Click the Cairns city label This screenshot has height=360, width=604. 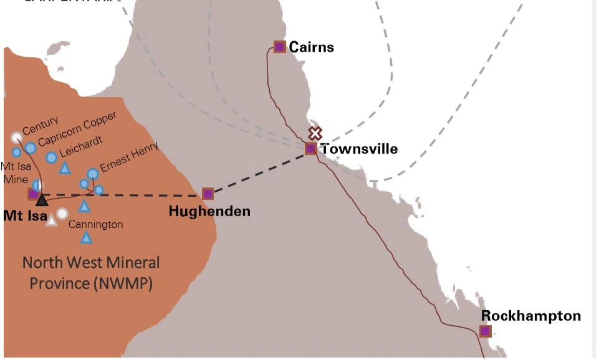(x=311, y=47)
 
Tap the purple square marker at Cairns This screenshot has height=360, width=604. (x=279, y=47)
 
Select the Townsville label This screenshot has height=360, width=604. (x=359, y=149)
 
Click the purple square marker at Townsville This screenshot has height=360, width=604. (x=311, y=149)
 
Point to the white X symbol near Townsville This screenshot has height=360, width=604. (x=315, y=133)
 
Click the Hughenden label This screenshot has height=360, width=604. (x=209, y=212)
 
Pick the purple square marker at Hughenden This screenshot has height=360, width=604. (x=208, y=194)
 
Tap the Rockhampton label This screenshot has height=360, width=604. (x=531, y=316)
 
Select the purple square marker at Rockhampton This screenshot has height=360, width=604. (x=486, y=331)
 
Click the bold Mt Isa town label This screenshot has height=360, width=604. (x=26, y=216)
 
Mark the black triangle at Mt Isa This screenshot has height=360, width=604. (x=42, y=200)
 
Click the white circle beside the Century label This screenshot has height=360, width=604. (x=16, y=138)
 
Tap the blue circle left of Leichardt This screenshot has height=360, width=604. (x=51, y=158)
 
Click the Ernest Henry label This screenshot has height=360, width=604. (x=130, y=157)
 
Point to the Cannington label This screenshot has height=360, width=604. (x=95, y=224)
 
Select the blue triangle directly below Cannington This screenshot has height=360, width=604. (x=87, y=237)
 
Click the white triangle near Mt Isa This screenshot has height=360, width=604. (x=52, y=220)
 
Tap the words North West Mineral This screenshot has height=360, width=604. (x=91, y=263)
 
